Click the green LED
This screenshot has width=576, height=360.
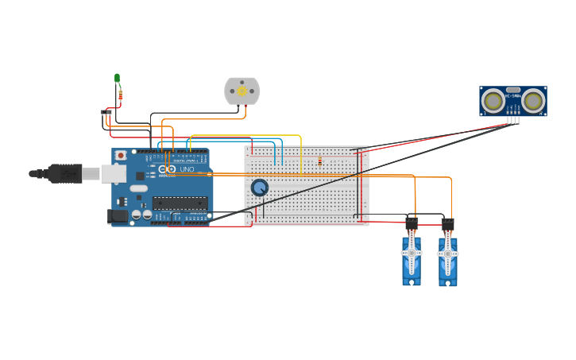pos(118,78)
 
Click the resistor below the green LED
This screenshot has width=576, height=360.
pos(120,95)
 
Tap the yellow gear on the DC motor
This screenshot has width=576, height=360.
pos(242,91)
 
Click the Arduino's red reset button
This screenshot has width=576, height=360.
pos(121,155)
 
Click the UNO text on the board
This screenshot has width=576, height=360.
pos(187,169)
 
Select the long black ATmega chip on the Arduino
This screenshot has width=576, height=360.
pos(180,203)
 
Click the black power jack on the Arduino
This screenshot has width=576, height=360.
pos(118,215)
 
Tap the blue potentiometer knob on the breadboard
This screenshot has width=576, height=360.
pos(260,188)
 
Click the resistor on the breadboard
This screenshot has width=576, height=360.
pos(319,161)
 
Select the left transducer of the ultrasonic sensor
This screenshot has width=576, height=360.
pos(494,101)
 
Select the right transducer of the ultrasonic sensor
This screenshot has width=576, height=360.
pos(532,101)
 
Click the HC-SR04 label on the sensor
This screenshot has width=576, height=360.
pos(513,96)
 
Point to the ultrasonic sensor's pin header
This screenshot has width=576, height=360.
pos(513,119)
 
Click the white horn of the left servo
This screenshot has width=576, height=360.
pos(411,253)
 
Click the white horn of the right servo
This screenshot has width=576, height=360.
pos(447,253)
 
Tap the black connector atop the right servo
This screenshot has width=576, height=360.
pos(448,223)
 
